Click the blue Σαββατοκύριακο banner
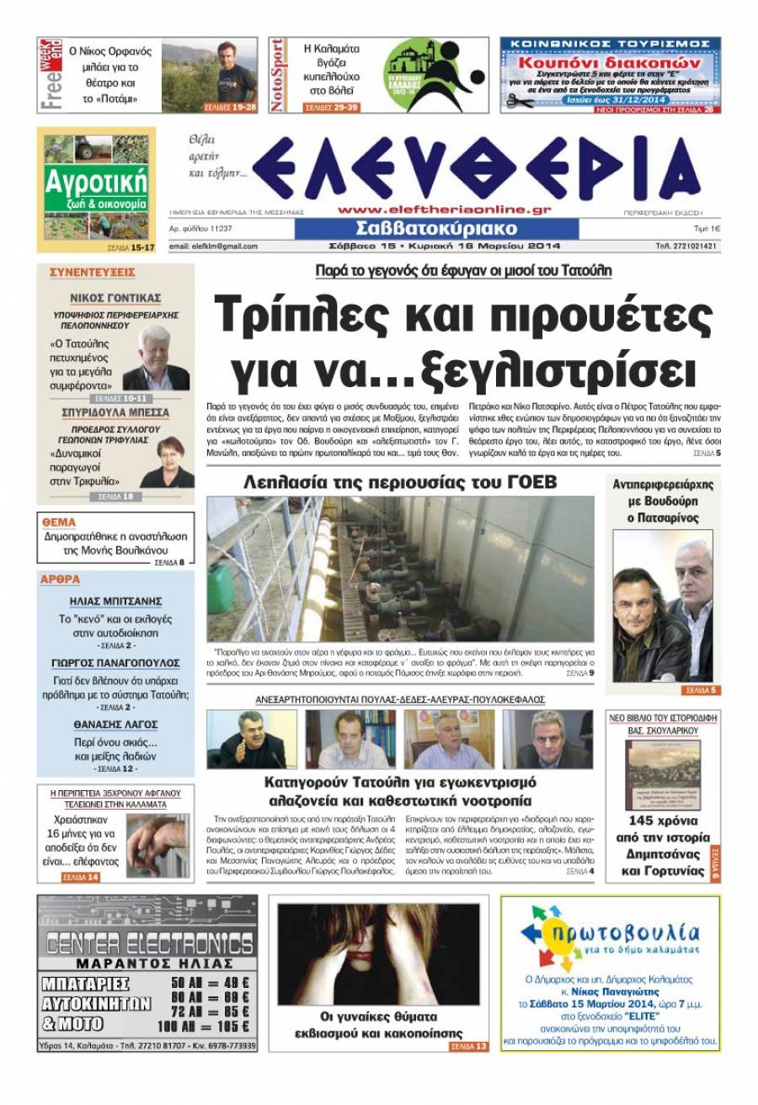(x=436, y=229)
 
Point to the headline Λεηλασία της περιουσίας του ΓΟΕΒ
(x=400, y=482)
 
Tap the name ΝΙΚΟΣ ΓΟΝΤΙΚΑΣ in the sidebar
(x=115, y=298)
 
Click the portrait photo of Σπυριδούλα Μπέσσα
(x=165, y=461)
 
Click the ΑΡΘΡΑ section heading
(x=61, y=580)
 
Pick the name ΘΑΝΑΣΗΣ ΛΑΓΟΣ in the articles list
(x=115, y=725)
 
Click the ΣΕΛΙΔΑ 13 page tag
(x=468, y=1047)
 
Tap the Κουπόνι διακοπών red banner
(x=610, y=62)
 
